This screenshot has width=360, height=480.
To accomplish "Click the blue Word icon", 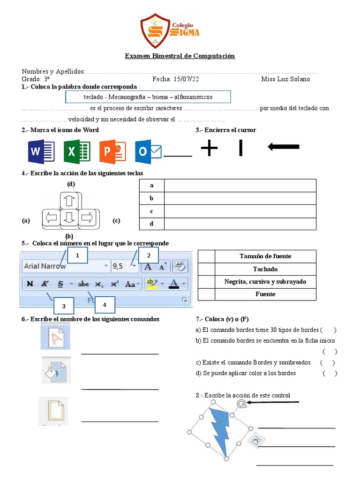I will (41, 152).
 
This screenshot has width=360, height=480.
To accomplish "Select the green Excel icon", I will (76, 152).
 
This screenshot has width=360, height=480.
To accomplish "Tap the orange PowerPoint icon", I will (112, 152).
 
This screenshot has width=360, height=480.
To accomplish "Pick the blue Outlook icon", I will (148, 152).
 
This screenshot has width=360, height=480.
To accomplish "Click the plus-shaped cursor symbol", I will (210, 149).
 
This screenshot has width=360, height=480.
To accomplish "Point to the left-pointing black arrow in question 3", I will (283, 147).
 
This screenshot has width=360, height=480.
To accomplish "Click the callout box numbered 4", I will (105, 305).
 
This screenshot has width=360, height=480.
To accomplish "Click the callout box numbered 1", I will (78, 255).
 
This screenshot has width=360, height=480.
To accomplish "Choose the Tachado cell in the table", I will (265, 269).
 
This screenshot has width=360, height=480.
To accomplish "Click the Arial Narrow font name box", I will (65, 266).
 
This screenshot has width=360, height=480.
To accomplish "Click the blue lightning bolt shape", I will (219, 431).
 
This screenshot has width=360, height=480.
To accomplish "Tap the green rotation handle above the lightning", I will (240, 403).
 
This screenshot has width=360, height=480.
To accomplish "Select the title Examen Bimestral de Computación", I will (180, 56).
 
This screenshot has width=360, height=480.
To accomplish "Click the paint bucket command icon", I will (55, 370).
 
